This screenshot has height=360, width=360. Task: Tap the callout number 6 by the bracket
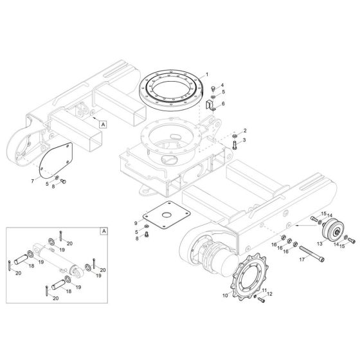click(223, 103)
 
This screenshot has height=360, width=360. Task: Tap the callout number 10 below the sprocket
click(225, 296)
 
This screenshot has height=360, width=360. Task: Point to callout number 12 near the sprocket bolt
click(270, 294)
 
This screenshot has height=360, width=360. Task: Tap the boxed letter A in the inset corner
click(102, 230)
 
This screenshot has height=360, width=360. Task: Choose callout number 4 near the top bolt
click(222, 85)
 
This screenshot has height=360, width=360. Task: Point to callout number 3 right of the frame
click(244, 139)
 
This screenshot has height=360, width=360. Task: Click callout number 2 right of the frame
click(244, 130)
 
